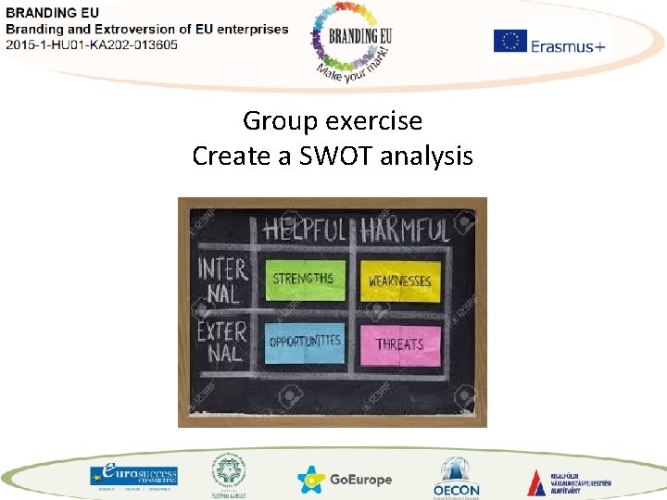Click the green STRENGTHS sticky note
tap(304, 279)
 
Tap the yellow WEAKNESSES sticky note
tap(399, 280)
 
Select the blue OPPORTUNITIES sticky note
tap(304, 342)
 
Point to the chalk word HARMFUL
tap(404, 229)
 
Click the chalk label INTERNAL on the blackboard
tap(222, 281)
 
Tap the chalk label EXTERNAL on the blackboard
tap(222, 342)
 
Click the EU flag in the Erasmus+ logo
tap(510, 42)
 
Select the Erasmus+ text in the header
tap(568, 44)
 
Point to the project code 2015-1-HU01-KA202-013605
tap(92, 44)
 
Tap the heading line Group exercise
tap(333, 120)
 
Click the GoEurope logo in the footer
tap(345, 480)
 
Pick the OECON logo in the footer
tap(457, 477)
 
